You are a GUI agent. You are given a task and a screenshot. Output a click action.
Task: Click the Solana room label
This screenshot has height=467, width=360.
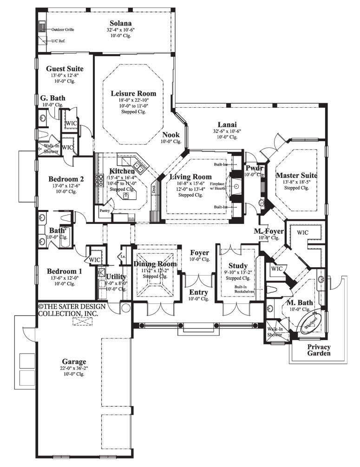(x=120, y=23)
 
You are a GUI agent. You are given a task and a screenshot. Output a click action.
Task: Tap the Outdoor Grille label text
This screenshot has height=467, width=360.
(x=63, y=29)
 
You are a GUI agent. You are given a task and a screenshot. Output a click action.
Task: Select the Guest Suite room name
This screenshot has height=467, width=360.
(x=65, y=69)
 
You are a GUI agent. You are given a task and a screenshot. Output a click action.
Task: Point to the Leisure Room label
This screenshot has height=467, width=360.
(x=133, y=93)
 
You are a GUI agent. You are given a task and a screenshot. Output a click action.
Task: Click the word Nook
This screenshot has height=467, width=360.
(x=170, y=135)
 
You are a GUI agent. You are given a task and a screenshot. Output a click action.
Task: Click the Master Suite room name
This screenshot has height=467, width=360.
(x=296, y=175)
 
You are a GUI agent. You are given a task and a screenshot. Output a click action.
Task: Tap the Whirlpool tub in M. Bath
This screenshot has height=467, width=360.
(x=311, y=323)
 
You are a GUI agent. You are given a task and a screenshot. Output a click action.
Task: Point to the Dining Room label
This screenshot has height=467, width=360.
(x=155, y=264)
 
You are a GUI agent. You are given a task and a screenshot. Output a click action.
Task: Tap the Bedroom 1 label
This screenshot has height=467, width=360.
(x=65, y=271)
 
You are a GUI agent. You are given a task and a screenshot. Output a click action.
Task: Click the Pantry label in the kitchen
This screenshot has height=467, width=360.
(x=104, y=210)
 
